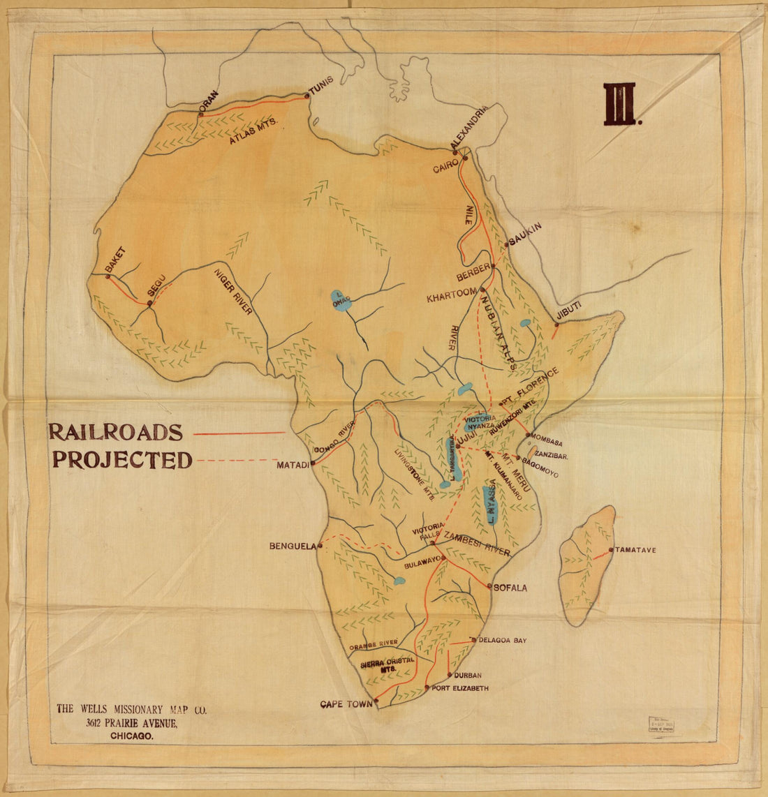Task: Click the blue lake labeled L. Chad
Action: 341,301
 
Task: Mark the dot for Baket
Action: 108,276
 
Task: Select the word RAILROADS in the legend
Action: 115,433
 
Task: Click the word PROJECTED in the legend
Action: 122,461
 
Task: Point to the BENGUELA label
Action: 293,546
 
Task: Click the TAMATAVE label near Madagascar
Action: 636,550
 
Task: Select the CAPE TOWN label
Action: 346,704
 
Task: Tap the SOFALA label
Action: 510,588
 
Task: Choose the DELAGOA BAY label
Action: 503,640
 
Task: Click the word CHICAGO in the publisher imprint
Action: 132,736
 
